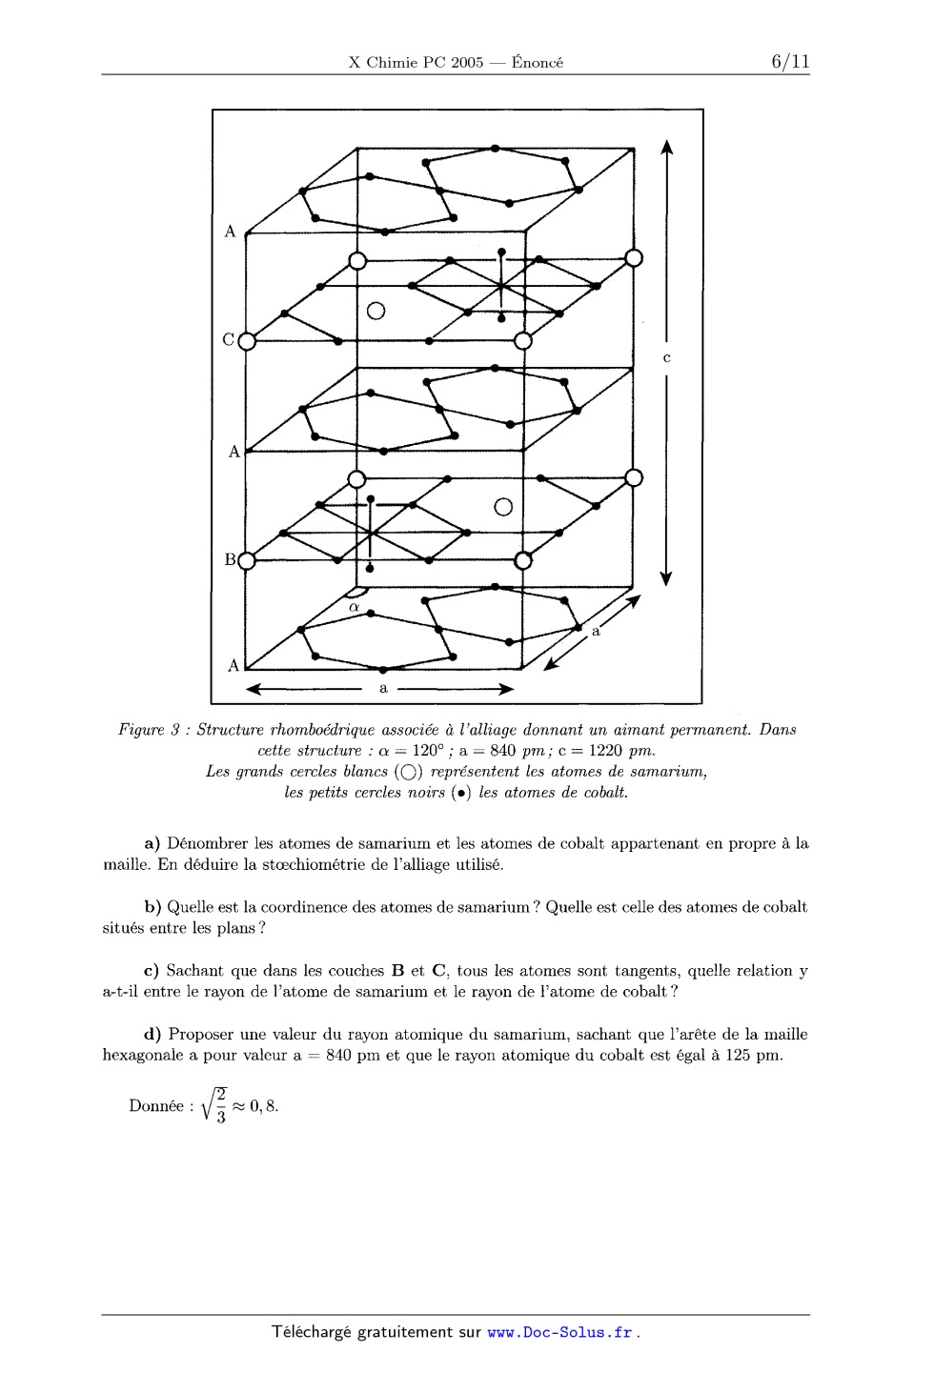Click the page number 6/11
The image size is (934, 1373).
pos(790,62)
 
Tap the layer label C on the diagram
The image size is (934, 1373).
pos(228,338)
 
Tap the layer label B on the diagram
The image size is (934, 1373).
pos(229,559)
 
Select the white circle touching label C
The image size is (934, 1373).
pos(247,340)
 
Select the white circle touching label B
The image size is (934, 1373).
pos(247,560)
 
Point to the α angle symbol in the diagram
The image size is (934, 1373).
pos(354,607)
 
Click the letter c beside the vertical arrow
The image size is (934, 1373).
pos(666,358)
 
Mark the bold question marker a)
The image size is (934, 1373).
pos(151,843)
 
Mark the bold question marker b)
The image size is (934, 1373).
pos(151,907)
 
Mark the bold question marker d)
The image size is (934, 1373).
pos(151,1035)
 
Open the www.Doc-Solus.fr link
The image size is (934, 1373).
pos(560,1332)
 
